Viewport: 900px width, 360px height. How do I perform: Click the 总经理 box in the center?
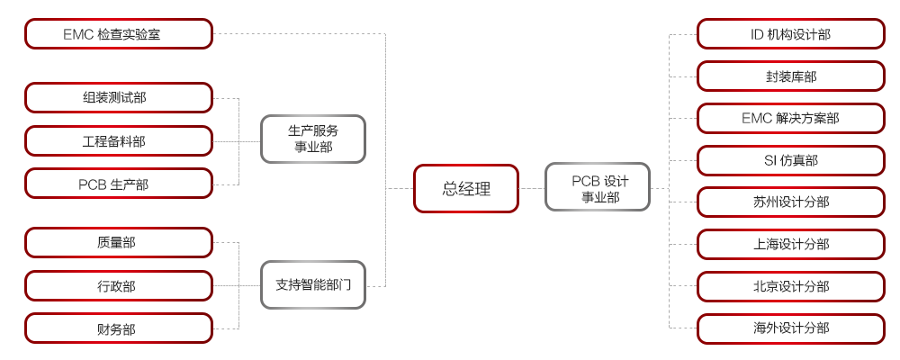click(x=466, y=188)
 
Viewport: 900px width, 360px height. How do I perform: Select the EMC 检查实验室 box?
click(x=119, y=34)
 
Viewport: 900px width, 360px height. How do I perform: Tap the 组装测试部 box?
click(x=119, y=97)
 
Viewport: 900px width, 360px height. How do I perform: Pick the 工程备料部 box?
click(x=119, y=140)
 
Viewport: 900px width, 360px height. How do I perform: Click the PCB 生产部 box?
click(x=119, y=184)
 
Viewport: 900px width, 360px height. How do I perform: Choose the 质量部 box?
click(x=119, y=242)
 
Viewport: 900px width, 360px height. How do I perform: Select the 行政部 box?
click(x=119, y=285)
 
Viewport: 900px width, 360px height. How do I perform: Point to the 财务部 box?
click(x=119, y=328)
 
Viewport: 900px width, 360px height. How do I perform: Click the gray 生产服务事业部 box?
click(x=313, y=139)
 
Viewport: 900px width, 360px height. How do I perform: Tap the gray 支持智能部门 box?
click(x=313, y=285)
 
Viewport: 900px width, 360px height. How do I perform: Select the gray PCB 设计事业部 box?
click(x=598, y=188)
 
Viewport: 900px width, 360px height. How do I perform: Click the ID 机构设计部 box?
click(x=791, y=34)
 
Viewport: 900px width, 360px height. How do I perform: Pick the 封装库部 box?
click(x=791, y=76)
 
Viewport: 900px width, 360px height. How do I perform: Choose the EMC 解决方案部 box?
click(x=791, y=118)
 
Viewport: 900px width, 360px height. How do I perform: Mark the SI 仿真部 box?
click(x=791, y=160)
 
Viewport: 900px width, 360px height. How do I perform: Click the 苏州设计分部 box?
click(x=791, y=202)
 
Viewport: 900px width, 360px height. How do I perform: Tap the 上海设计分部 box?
click(x=791, y=244)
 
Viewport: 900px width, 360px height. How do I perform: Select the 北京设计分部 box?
click(x=791, y=286)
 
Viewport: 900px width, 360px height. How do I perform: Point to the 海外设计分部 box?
click(x=791, y=328)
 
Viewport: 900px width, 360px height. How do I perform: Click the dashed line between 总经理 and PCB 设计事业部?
click(x=532, y=188)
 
